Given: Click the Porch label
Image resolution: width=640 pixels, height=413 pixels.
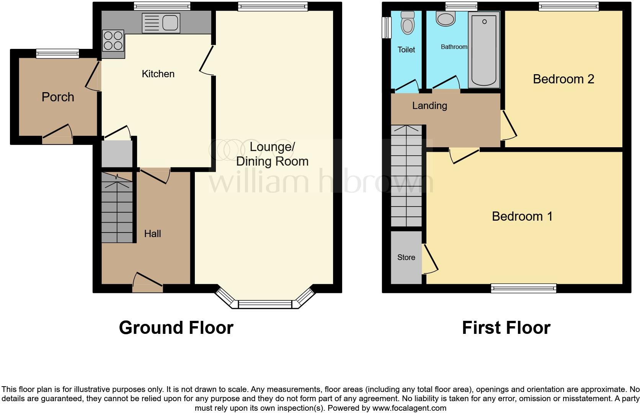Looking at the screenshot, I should point(58,97).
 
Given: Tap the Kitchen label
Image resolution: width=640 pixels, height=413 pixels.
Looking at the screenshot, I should point(158,74).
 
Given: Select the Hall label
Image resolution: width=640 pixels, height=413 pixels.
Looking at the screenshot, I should point(152,234).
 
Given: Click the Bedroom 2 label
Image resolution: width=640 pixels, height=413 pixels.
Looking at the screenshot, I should point(563,79).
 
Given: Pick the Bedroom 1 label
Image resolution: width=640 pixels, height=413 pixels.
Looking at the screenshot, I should point(522,216).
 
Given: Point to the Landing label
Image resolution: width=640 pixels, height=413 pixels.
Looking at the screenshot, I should point(429,106).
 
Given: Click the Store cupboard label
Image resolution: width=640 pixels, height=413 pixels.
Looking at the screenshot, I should point(406,257).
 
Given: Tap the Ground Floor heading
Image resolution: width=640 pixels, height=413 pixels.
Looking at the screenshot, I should point(176,328).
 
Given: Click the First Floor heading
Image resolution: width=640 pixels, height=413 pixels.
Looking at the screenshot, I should point(506,328).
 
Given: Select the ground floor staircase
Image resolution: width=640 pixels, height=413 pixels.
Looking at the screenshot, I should point(117,208).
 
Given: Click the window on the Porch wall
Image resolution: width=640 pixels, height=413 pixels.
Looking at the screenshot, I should point(57,54).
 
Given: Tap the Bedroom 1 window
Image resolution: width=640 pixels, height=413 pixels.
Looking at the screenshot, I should point(524,288).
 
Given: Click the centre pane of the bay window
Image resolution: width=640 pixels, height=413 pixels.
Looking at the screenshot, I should point(265,304).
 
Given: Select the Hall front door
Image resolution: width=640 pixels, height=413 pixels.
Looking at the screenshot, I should point(148,288).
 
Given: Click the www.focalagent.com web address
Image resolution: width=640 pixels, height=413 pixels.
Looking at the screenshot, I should point(409,408).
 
